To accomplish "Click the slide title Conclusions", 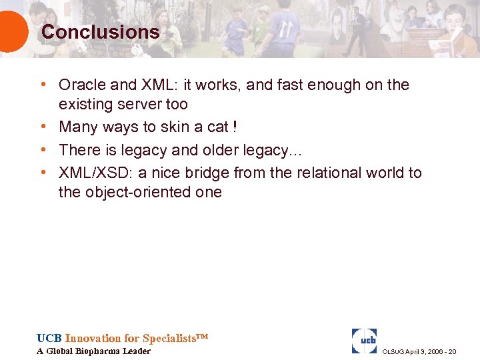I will pos(100,32).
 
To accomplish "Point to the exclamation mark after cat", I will pos(234,127).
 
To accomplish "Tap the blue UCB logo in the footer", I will pos(364,341).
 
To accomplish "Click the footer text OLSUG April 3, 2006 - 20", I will pos(419,351).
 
